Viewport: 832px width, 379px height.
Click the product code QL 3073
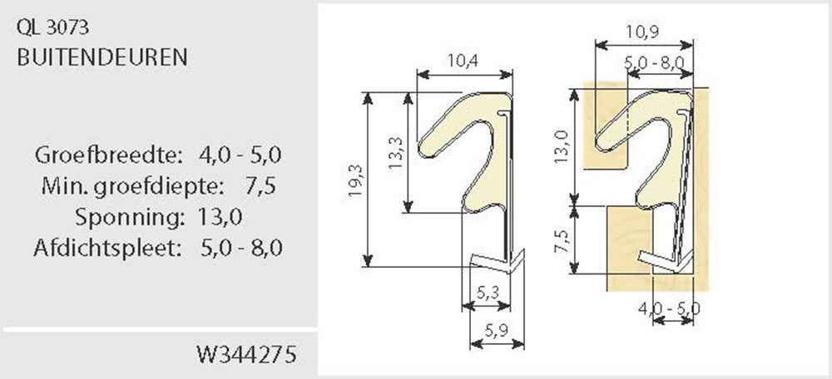(x=52, y=28)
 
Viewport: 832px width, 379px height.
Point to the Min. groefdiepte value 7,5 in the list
(x=260, y=186)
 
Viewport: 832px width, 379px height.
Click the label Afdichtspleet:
(x=108, y=248)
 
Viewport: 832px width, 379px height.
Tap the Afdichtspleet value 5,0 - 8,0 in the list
(x=242, y=248)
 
